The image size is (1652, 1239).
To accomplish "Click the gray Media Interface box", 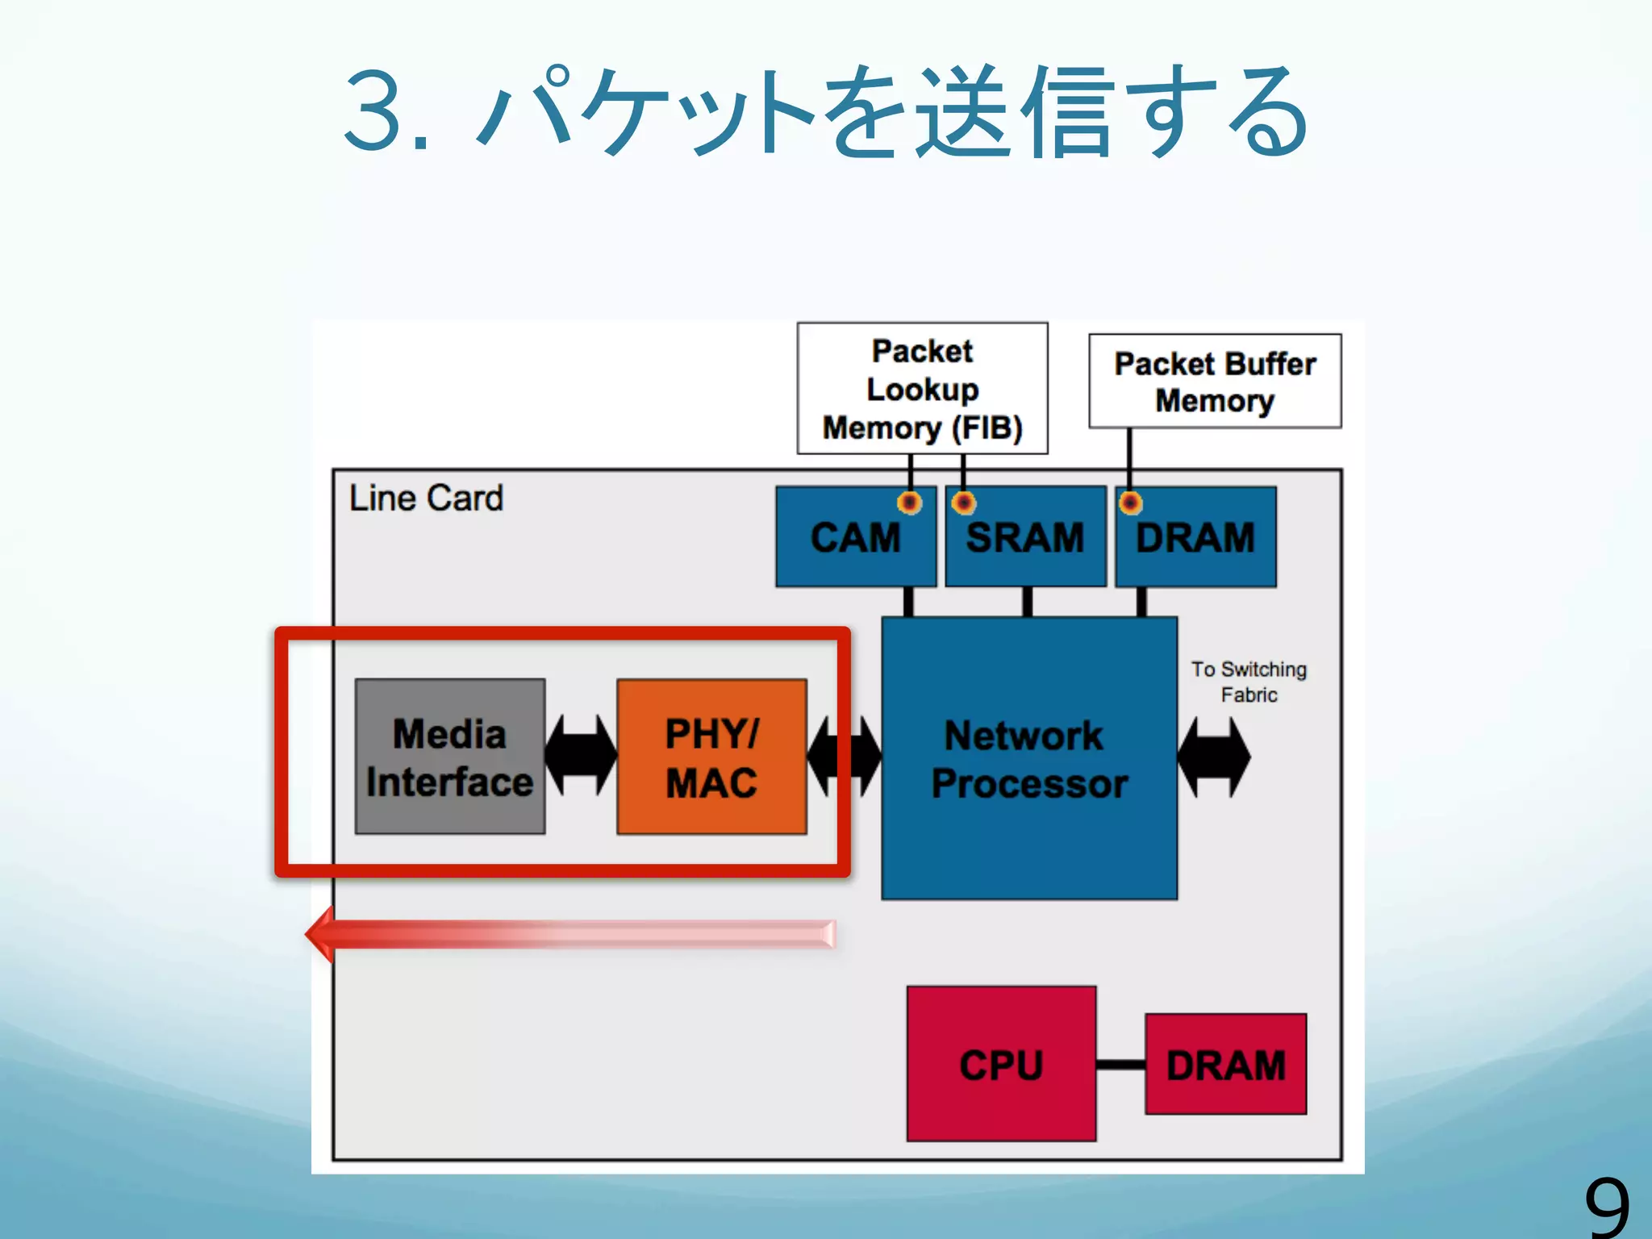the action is (x=450, y=756).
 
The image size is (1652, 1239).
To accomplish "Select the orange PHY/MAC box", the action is (x=711, y=756).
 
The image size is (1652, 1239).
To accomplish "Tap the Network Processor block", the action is (x=1029, y=758).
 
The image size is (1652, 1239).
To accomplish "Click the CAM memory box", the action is (x=856, y=536).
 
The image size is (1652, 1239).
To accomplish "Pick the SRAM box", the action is (x=1025, y=536).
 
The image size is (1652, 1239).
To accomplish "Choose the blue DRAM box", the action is (x=1195, y=536).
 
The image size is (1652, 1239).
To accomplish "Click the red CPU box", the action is (x=1001, y=1063).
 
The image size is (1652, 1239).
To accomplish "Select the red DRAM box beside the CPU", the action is (x=1225, y=1064).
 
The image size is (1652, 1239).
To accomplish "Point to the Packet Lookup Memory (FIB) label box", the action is (x=922, y=389).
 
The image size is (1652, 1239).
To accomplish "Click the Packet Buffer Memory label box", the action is (x=1215, y=381).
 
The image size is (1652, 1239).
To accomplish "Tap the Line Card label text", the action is (x=426, y=498).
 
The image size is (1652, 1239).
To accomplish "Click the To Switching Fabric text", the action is (x=1249, y=682).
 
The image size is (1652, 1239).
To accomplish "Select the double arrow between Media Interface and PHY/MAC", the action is (x=581, y=756).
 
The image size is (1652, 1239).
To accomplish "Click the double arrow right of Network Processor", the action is (x=1214, y=757).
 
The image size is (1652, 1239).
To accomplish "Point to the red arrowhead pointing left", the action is (x=321, y=934).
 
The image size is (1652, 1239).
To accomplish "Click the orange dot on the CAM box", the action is (x=910, y=503).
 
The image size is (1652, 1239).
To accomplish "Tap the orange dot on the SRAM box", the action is (x=963, y=503).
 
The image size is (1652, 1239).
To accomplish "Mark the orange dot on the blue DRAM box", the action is (x=1130, y=503).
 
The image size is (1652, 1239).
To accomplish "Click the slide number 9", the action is (x=1607, y=1207).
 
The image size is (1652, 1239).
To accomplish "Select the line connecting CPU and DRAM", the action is (x=1120, y=1065).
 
